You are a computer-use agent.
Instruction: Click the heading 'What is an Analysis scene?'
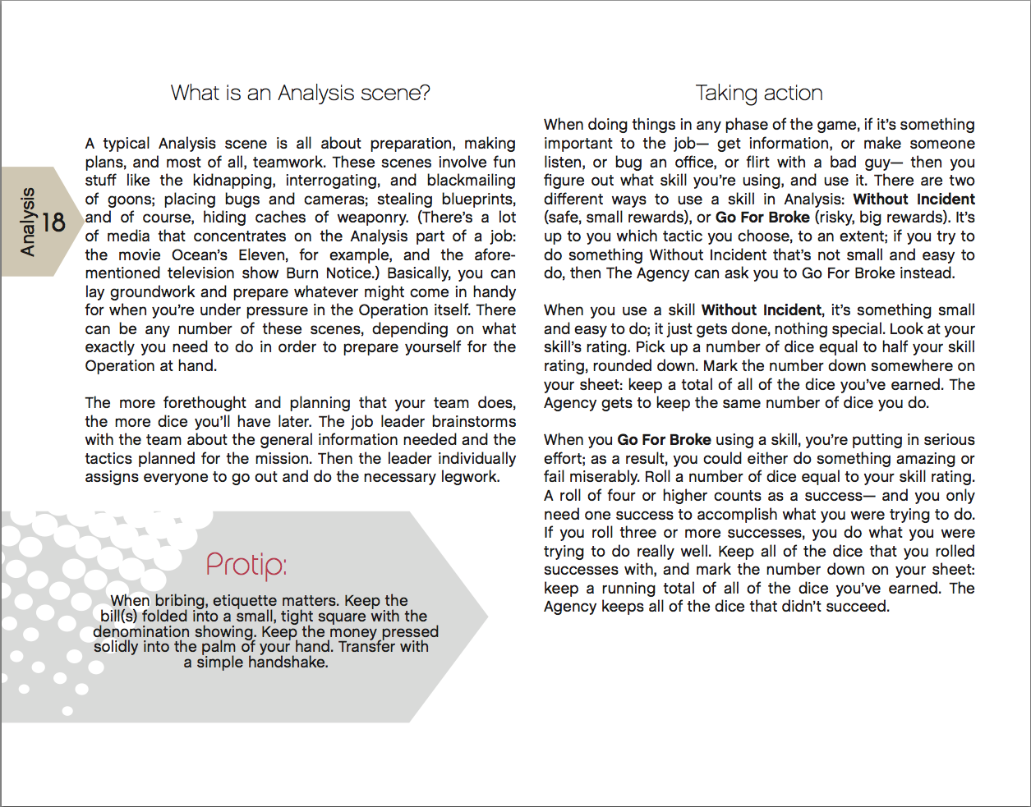pyautogui.click(x=300, y=93)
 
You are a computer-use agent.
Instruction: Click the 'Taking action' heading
pyautogui.click(x=758, y=93)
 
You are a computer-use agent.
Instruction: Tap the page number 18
pyautogui.click(x=53, y=222)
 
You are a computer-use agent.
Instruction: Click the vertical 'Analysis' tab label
pyautogui.click(x=28, y=222)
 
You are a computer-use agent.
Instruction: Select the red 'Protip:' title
pyautogui.click(x=246, y=565)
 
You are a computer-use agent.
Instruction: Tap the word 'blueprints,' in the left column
pyautogui.click(x=478, y=199)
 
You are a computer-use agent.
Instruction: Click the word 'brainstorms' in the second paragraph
pyautogui.click(x=474, y=422)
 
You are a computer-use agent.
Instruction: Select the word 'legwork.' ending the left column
pyautogui.click(x=470, y=477)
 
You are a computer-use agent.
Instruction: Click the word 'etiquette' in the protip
pyautogui.click(x=248, y=601)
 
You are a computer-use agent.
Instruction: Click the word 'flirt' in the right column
pyautogui.click(x=756, y=163)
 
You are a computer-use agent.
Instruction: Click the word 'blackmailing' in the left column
pyautogui.click(x=471, y=181)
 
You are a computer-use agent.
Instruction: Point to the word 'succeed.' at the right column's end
pyautogui.click(x=859, y=607)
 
